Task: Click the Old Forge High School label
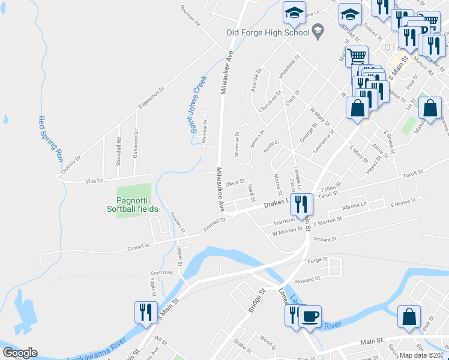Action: pyautogui.click(x=267, y=32)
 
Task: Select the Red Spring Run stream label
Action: pyautogui.click(x=50, y=138)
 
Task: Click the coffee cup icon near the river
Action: pyautogui.click(x=310, y=317)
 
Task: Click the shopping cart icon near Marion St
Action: pyautogui.click(x=357, y=57)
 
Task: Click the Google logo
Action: pyautogui.click(x=20, y=353)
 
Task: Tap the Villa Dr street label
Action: pyautogui.click(x=94, y=181)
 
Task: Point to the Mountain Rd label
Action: pyautogui.click(x=191, y=15)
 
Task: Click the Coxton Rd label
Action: pyautogui.click(x=161, y=274)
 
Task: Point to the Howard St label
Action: pyautogui.click(x=305, y=280)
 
